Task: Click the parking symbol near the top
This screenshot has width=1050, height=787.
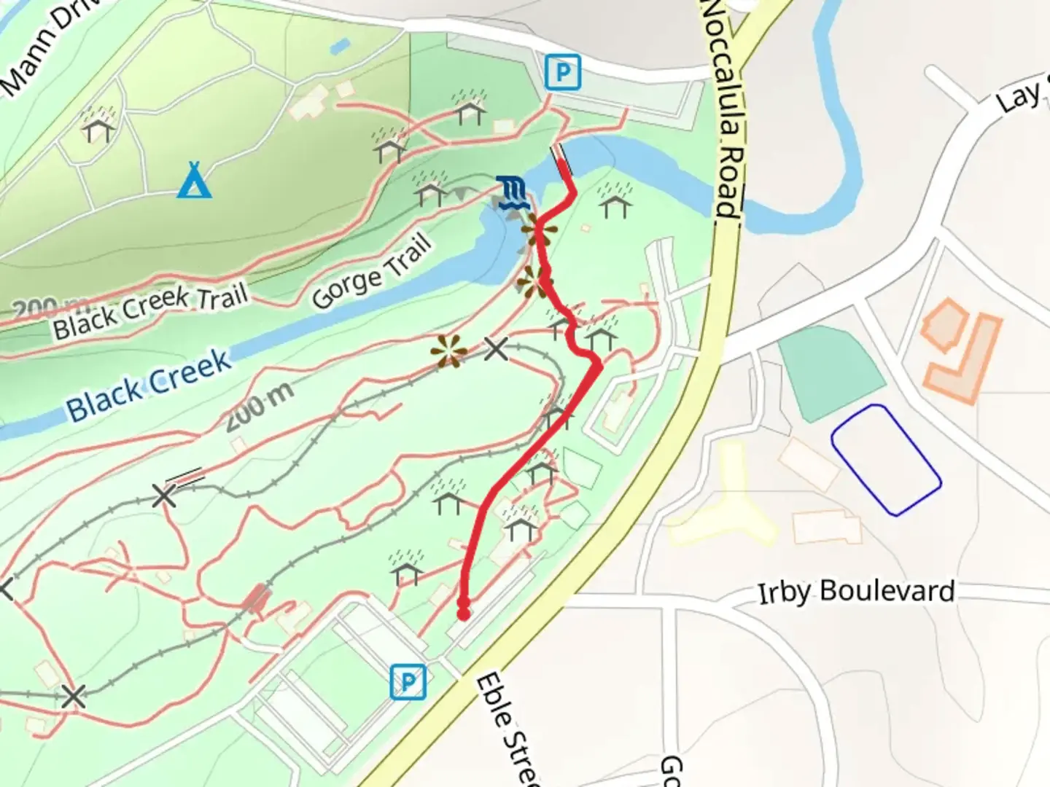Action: (x=563, y=72)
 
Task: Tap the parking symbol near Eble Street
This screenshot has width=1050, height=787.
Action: (x=408, y=682)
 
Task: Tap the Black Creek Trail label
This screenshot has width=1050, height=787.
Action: (x=150, y=312)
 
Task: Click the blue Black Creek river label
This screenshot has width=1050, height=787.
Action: (x=149, y=385)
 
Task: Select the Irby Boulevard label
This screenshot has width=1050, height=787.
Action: (x=856, y=591)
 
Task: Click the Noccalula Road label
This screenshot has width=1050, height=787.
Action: (x=723, y=109)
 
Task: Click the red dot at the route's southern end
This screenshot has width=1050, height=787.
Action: (x=463, y=614)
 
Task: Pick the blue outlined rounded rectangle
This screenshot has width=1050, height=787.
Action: (x=886, y=459)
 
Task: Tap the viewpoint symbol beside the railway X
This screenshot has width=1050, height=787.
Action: (x=448, y=351)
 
